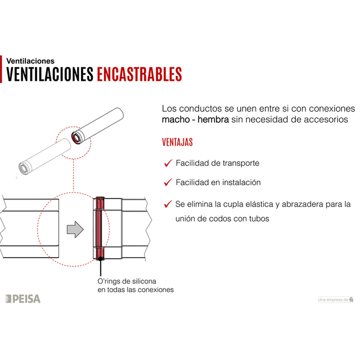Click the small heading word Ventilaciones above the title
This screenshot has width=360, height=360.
point(30,60)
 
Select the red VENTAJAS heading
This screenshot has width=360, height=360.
point(177,142)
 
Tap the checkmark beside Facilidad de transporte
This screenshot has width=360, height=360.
point(167,163)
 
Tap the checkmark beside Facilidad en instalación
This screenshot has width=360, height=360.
point(167,182)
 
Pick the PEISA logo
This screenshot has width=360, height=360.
point(23,299)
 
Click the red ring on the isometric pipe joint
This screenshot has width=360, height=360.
point(75,138)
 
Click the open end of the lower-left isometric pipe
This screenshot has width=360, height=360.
point(25,168)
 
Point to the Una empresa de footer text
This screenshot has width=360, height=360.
point(333,300)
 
